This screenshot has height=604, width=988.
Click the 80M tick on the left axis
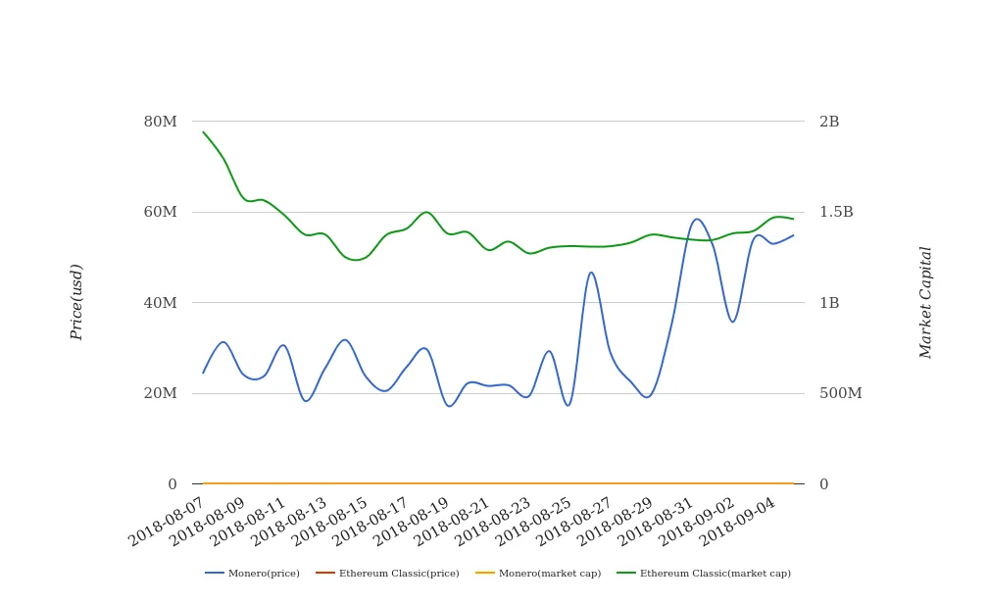161,122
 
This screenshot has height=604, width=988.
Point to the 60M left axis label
161,212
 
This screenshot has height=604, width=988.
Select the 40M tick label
161,303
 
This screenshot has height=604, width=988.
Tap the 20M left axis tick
161,393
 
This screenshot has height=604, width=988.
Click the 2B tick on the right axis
829,122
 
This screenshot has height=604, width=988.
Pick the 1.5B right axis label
836,212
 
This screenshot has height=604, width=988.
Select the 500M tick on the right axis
840,393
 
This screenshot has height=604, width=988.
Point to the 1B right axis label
829,303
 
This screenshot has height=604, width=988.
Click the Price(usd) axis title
77,302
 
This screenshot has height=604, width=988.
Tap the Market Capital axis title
926,302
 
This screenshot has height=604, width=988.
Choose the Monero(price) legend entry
253,574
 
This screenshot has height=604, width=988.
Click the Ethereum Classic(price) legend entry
387,574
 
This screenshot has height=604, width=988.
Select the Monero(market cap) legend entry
538,574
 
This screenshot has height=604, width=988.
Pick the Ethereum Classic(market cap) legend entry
704,574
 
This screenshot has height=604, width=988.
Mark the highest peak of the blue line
696,219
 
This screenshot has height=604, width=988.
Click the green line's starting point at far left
203,132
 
